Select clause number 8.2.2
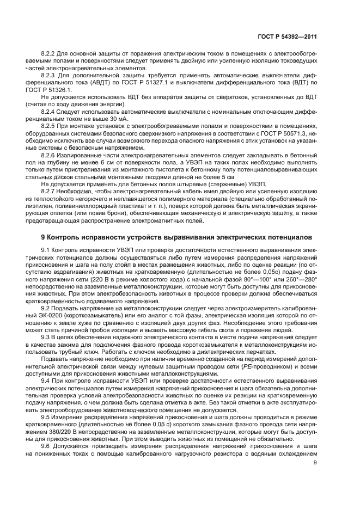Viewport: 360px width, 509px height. [50, 53]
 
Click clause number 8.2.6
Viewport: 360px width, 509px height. [50, 154]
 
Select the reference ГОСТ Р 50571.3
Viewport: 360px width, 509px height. [286, 132]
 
